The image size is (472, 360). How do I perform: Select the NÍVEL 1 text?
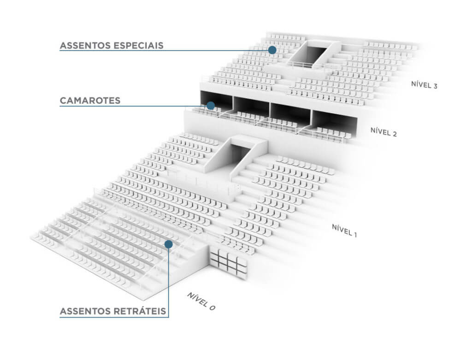click(344, 230)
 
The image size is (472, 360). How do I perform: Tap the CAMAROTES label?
click(90, 100)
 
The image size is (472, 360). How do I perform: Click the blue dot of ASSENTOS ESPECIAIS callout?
click(272, 50)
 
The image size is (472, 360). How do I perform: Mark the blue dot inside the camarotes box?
click(211, 106)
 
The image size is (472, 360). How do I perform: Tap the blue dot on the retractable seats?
click(169, 244)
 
